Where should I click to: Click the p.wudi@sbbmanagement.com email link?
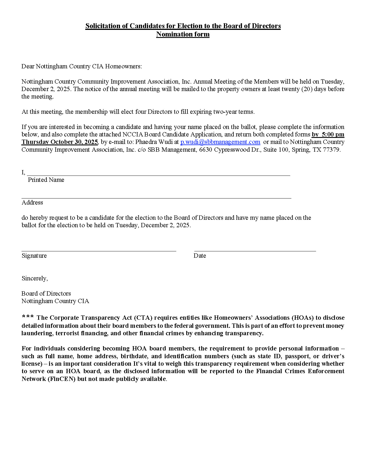tap(220, 142)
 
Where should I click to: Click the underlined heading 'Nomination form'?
tap(183, 34)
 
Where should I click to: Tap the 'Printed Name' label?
tap(46, 180)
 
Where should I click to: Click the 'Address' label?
tap(32, 203)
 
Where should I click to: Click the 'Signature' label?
tap(34, 256)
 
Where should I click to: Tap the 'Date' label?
tap(200, 256)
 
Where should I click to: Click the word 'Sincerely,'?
tap(35, 278)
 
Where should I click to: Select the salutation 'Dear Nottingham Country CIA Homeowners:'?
tap(82, 66)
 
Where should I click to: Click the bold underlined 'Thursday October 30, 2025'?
tap(60, 142)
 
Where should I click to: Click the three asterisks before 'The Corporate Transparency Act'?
tap(28, 317)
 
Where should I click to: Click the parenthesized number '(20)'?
tap(305, 89)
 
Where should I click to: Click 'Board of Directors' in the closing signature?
tap(46, 294)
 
